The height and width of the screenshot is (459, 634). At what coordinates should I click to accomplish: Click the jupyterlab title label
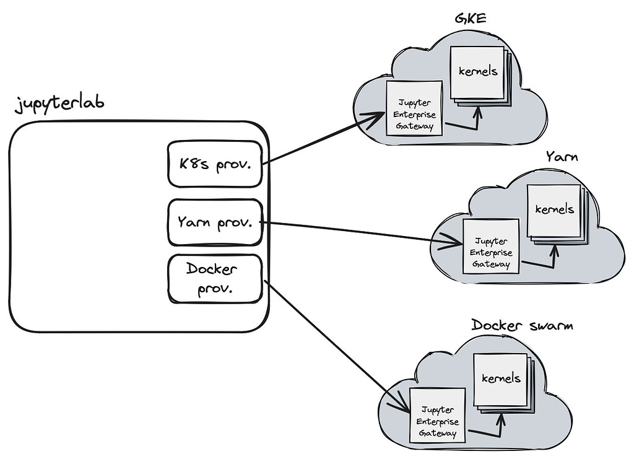point(59,102)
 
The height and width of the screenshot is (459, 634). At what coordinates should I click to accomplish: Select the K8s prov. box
point(214,164)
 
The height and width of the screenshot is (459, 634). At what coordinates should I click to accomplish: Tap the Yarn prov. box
point(215,221)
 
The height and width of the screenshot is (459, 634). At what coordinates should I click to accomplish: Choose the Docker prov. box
point(215,279)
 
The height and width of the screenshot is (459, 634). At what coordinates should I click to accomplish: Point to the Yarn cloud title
point(562,156)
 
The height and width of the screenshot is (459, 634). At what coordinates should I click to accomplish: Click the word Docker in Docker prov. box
point(212,269)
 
